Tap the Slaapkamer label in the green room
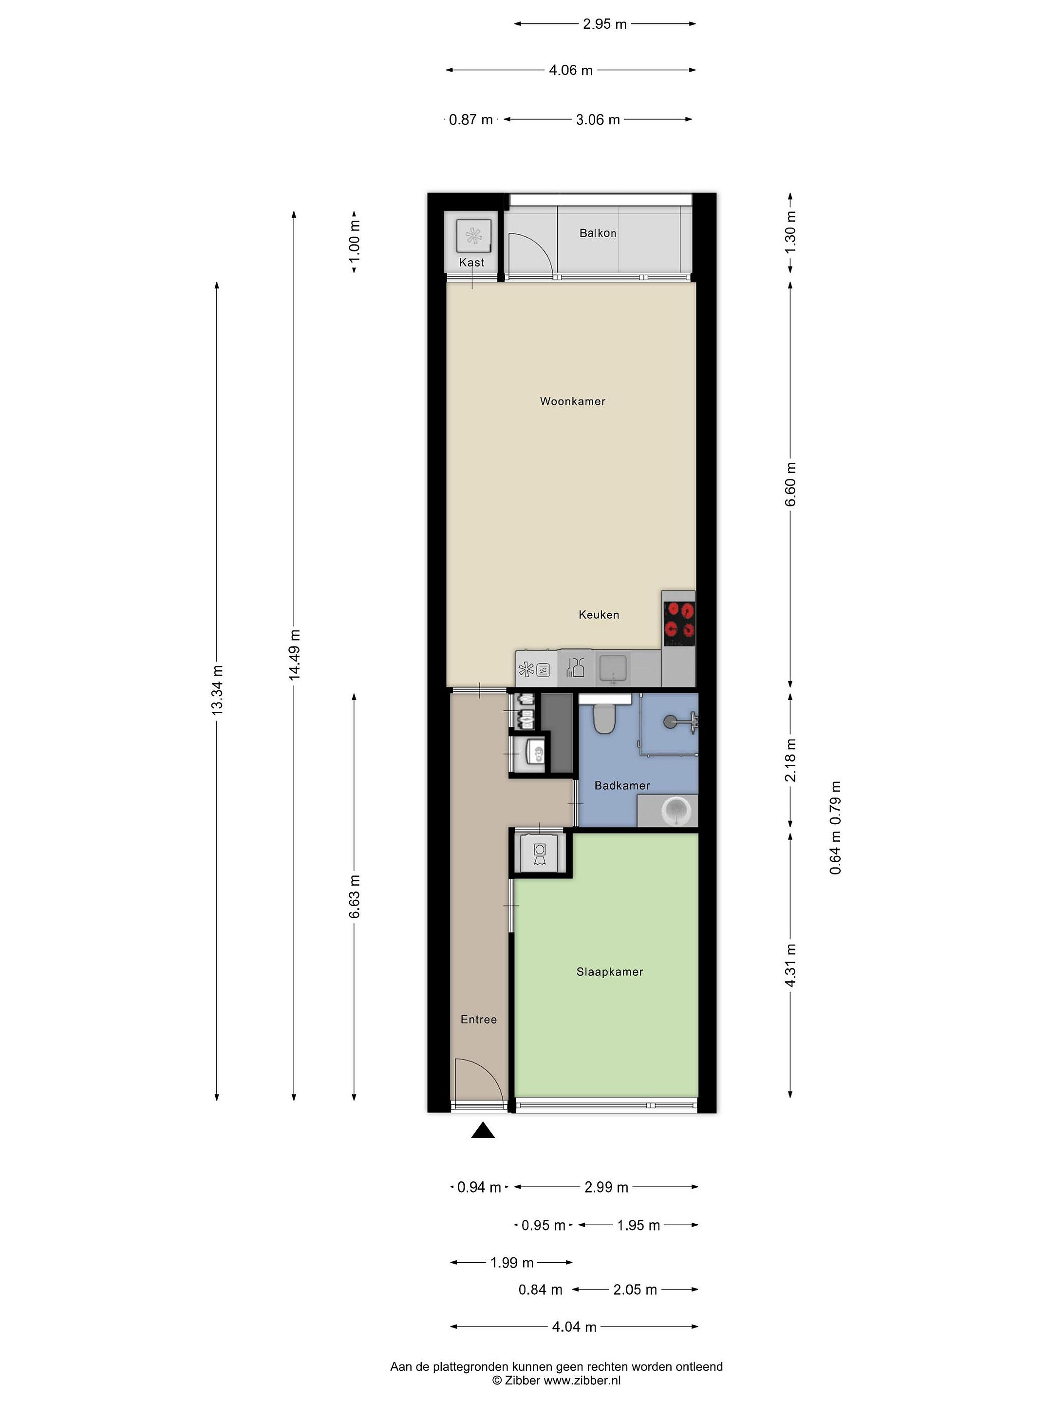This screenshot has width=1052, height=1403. pyautogui.click(x=609, y=972)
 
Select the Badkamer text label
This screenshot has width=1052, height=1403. pyautogui.click(x=622, y=785)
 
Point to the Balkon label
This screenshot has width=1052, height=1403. pyautogui.click(x=597, y=233)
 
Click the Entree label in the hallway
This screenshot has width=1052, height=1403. pyautogui.click(x=478, y=1019)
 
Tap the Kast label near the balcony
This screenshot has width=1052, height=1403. pyautogui.click(x=471, y=262)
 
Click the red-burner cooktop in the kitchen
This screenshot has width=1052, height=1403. pyautogui.click(x=678, y=621)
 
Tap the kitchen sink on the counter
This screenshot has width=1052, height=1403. pyautogui.click(x=613, y=668)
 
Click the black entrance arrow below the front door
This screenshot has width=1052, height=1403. pyautogui.click(x=483, y=1130)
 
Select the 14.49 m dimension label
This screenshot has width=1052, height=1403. pyautogui.click(x=294, y=655)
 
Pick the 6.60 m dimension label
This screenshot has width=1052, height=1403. pyautogui.click(x=790, y=484)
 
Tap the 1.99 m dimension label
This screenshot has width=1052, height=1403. pyautogui.click(x=512, y=1262)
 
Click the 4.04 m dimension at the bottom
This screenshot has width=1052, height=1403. pyautogui.click(x=574, y=1326)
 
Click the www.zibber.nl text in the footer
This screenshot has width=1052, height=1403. pyautogui.click(x=582, y=1380)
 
